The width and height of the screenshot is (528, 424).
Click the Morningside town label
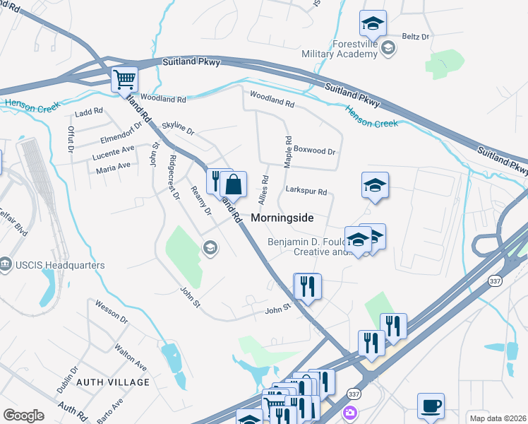click(282, 218)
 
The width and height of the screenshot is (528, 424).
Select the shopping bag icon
click(233, 185)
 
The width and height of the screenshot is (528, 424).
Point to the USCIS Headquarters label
click(59, 265)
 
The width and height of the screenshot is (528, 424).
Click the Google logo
click(23, 416)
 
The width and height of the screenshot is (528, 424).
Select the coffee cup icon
click(431, 406)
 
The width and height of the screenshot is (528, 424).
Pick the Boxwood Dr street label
click(314, 151)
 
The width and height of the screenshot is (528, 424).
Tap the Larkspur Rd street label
click(306, 192)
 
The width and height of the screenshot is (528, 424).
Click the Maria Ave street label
click(113, 166)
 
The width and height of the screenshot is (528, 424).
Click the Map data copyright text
click(498, 418)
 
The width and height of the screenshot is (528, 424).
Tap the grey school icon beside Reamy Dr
click(209, 247)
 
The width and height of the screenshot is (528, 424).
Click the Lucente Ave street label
click(114, 150)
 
